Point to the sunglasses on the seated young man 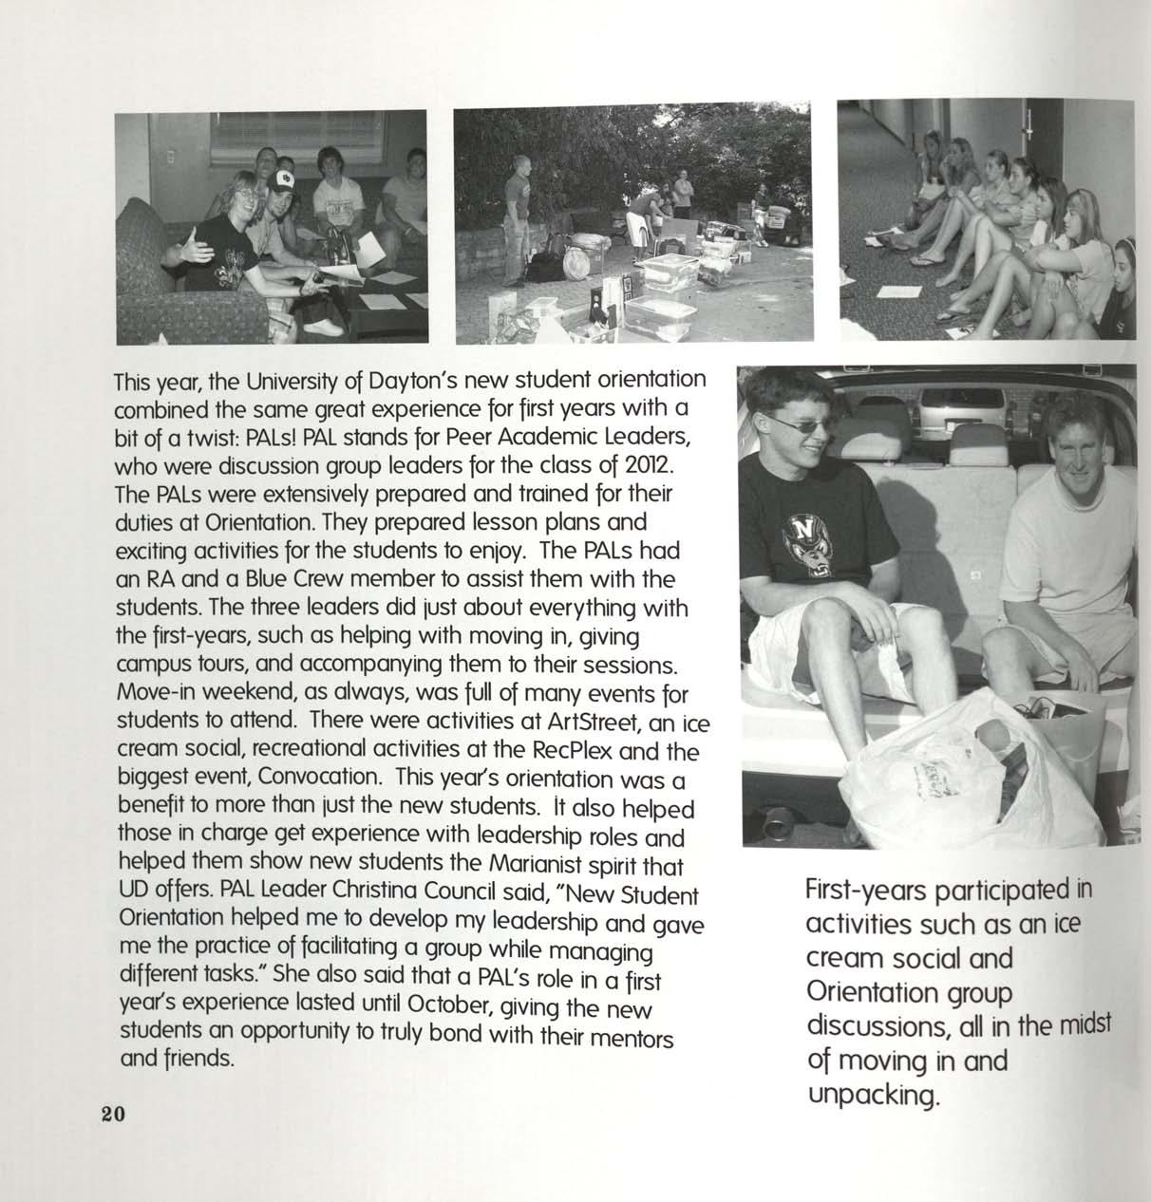pyautogui.click(x=797, y=427)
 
